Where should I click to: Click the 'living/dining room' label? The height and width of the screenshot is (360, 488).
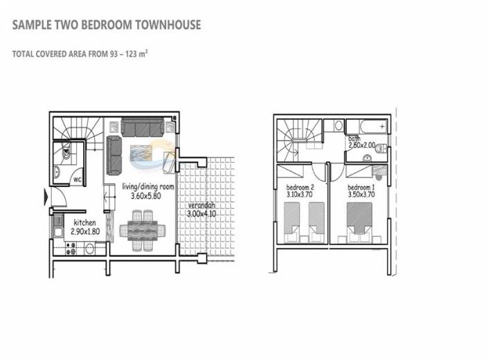(x=147, y=187)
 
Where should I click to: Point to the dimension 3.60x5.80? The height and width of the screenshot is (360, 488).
(x=146, y=196)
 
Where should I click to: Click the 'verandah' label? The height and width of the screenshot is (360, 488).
(x=201, y=206)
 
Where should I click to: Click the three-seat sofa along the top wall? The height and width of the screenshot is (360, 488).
(x=143, y=127)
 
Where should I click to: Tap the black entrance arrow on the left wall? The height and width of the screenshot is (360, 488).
(x=46, y=196)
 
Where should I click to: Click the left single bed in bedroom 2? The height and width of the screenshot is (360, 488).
(x=292, y=232)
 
